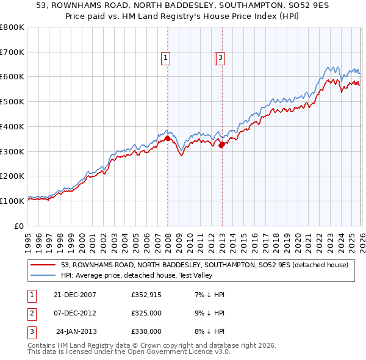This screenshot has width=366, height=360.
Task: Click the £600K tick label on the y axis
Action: pyautogui.click(x=12, y=77)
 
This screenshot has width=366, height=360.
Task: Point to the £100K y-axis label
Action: pyautogui.click(x=12, y=201)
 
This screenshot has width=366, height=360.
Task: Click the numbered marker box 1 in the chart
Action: pyautogui.click(x=166, y=58)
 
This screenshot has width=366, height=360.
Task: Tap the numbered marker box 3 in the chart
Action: pyautogui.click(x=220, y=58)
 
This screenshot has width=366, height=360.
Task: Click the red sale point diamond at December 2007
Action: pyautogui.click(x=167, y=139)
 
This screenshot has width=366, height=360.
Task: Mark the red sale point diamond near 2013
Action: pyautogui.click(x=221, y=145)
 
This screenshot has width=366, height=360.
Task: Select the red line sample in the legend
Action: pyautogui.click(x=43, y=265)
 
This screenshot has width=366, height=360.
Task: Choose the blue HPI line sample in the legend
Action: pyautogui.click(x=43, y=275)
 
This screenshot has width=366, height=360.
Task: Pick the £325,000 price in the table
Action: pyautogui.click(x=146, y=313)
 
